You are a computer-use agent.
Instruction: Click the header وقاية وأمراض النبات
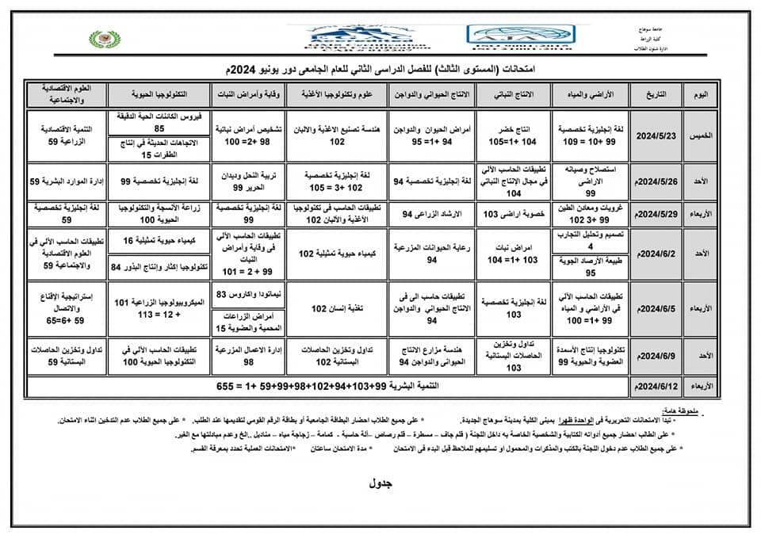tap(242, 93)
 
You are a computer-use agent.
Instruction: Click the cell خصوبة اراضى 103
tap(513, 215)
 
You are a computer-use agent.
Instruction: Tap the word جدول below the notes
tap(381, 483)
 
